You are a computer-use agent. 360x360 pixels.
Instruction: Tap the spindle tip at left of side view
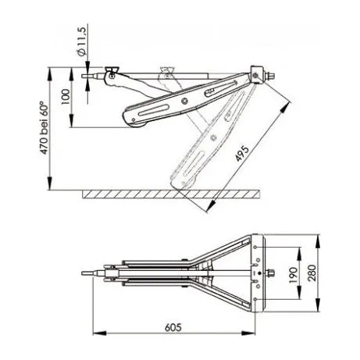[x=84, y=76]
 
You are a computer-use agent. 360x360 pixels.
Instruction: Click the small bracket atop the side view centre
[x=166, y=72]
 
